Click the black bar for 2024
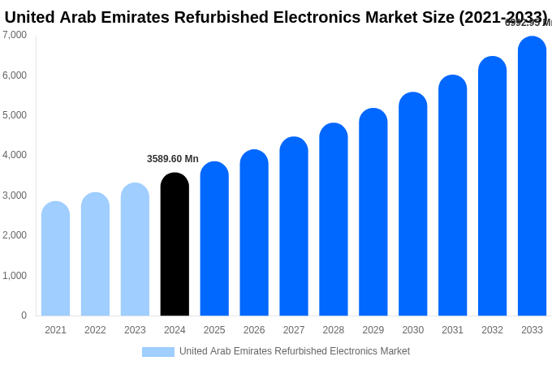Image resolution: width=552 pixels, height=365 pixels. (175, 244)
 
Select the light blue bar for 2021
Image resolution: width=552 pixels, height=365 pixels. (55, 259)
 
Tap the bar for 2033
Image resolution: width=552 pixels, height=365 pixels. (532, 176)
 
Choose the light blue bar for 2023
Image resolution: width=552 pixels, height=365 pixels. (135, 249)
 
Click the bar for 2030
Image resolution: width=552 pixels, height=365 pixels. (412, 204)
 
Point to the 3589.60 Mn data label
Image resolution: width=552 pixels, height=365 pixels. (172, 159)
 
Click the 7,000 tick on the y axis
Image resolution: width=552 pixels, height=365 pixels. (15, 35)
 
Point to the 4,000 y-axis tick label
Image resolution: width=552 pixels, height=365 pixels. (15, 155)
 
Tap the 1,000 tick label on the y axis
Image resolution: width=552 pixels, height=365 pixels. (15, 276)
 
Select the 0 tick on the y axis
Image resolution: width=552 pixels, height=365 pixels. (24, 316)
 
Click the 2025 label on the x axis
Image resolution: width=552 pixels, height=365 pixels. (214, 330)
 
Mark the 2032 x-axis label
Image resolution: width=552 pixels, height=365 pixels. (492, 330)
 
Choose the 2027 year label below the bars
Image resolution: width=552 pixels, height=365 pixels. (294, 330)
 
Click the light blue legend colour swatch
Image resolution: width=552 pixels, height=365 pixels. (157, 352)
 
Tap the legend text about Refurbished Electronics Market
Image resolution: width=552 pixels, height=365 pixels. (294, 351)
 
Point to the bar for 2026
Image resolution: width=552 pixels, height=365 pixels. (254, 233)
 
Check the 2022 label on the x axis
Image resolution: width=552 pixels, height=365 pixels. (95, 330)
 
